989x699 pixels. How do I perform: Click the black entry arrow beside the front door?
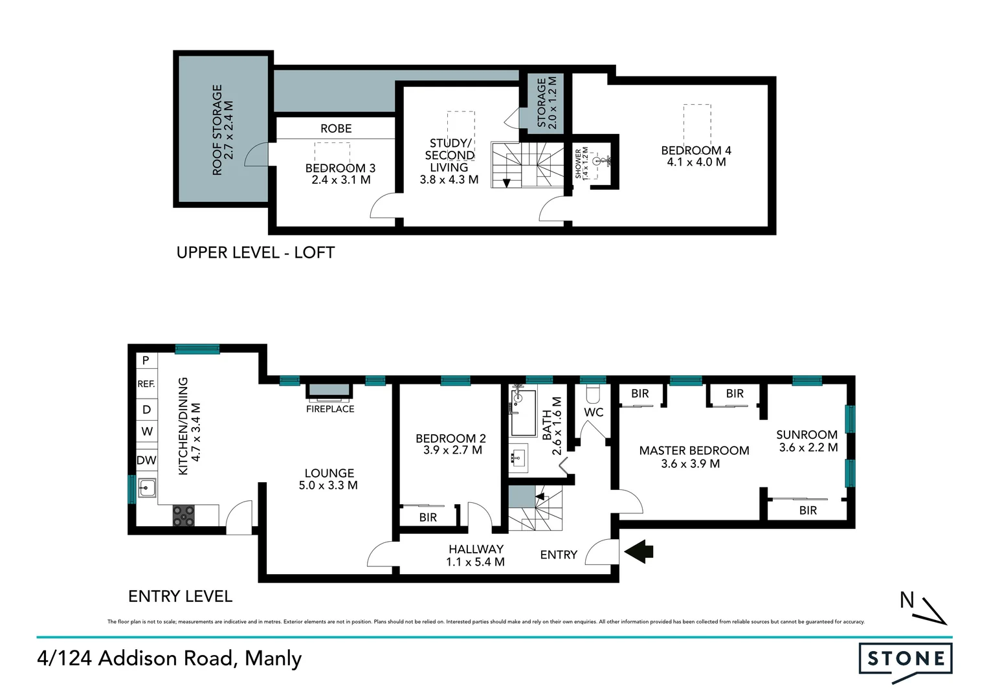point(639,551)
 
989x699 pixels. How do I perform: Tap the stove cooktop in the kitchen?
point(183,515)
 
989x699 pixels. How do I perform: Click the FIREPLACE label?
point(330,409)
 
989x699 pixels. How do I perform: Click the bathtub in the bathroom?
point(524,412)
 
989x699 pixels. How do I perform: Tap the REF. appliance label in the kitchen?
point(146,384)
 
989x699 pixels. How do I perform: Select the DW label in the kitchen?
point(146,460)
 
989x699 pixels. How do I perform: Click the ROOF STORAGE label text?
point(217,129)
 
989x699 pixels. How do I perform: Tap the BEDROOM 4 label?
point(696,150)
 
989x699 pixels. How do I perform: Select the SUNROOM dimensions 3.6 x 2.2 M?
point(808,447)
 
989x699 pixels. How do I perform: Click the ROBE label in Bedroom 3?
point(336,128)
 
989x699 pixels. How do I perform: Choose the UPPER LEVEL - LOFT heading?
point(256,252)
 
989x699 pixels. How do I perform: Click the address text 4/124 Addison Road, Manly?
point(170,658)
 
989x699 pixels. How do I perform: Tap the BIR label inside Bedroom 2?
point(428,517)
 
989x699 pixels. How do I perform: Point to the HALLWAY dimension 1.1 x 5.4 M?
point(475,562)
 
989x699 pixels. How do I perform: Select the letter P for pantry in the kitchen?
point(146,360)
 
